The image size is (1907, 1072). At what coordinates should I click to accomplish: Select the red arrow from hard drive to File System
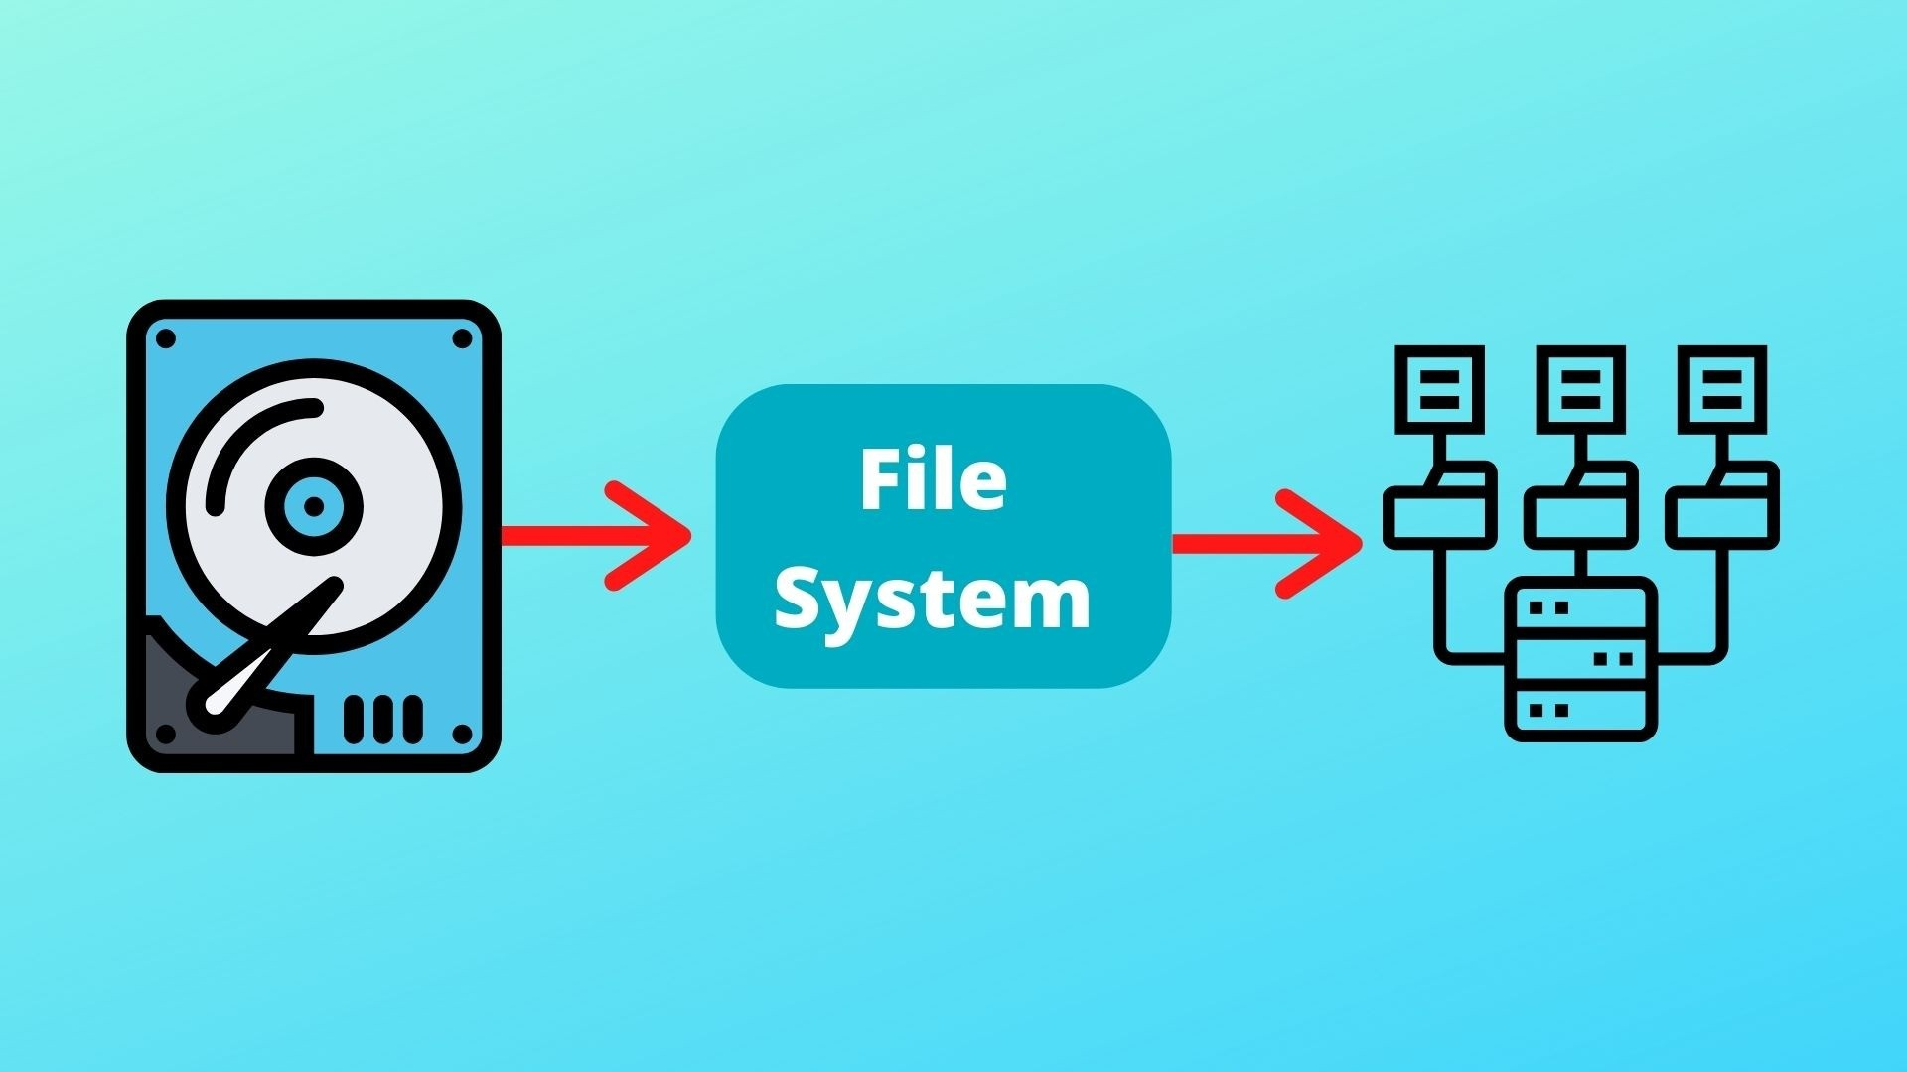pyautogui.click(x=596, y=536)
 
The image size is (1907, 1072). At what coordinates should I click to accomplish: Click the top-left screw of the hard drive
pyautogui.click(x=166, y=339)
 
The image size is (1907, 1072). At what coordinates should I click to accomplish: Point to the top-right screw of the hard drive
pyautogui.click(x=462, y=339)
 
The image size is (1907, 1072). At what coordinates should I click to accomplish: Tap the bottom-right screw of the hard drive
pyautogui.click(x=462, y=735)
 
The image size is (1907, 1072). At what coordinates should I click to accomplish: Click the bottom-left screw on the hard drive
pyautogui.click(x=166, y=735)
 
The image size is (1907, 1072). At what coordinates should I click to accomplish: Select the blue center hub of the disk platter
pyautogui.click(x=314, y=507)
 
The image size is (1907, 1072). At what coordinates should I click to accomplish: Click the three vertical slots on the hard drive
pyautogui.click(x=382, y=719)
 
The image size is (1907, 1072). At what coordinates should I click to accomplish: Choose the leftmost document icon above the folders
pyautogui.click(x=1439, y=389)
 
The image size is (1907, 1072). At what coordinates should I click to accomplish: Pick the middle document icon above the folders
pyautogui.click(x=1580, y=389)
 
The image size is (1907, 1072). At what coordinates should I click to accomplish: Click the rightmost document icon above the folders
pyautogui.click(x=1722, y=389)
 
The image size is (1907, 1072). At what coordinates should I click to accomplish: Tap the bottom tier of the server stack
pyautogui.click(x=1580, y=711)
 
